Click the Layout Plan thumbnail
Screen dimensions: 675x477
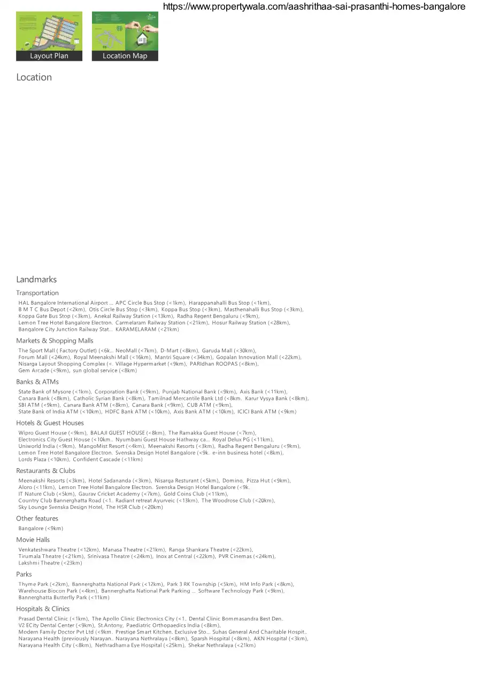tap(49, 36)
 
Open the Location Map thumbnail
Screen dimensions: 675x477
tap(125, 36)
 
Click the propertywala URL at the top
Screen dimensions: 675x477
tap(313, 6)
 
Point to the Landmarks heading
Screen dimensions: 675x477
tap(36, 280)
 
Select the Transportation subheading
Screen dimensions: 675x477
tap(37, 293)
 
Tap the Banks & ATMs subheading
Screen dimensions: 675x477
tap(37, 382)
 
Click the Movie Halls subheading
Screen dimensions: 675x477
tap(33, 540)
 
